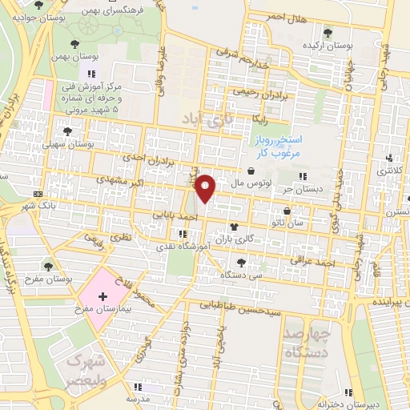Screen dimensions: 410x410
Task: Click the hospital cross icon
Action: (102, 296)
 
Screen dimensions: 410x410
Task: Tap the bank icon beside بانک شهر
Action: (38, 194)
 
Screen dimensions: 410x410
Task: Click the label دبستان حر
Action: (298, 191)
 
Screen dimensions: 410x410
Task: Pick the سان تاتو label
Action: (287, 223)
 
